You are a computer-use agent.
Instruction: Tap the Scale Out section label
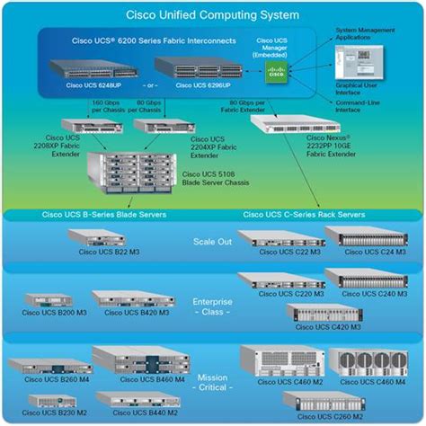point(213,241)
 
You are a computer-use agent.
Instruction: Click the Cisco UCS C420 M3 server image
point(324,314)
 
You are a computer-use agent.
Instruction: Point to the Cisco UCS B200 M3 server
point(47,301)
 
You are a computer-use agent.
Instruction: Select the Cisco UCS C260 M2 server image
point(324,402)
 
